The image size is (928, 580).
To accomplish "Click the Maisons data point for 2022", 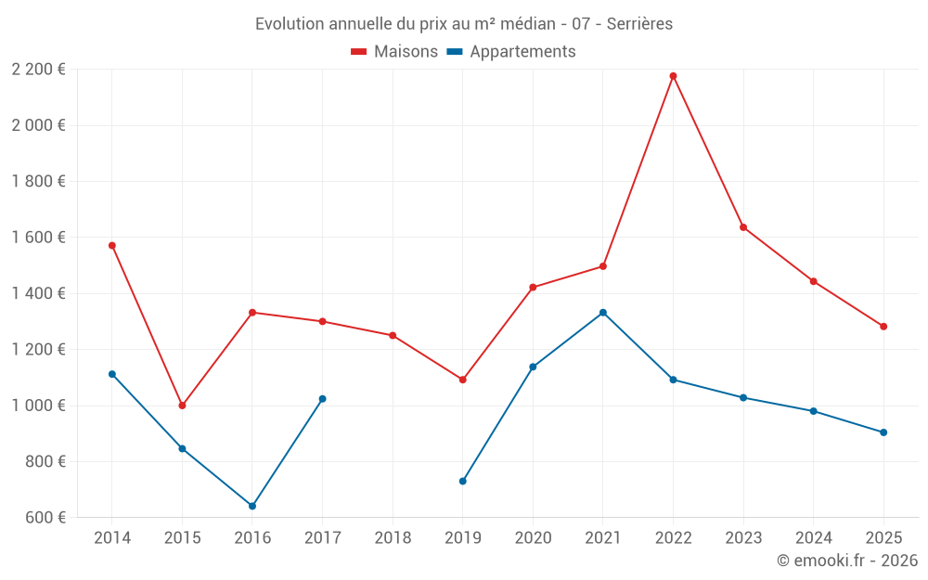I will pyautogui.click(x=673, y=76).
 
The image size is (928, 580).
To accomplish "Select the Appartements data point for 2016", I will pyautogui.click(x=252, y=506).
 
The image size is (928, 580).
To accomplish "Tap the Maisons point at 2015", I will pyautogui.click(x=182, y=406).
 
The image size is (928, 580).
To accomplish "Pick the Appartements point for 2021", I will pyautogui.click(x=603, y=313).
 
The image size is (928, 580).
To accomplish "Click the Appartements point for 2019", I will pyautogui.click(x=463, y=481).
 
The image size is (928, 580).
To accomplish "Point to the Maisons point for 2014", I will pyautogui.click(x=112, y=246).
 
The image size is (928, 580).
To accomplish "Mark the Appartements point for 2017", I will pyautogui.click(x=322, y=399).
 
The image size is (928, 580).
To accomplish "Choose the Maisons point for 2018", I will pyautogui.click(x=393, y=335).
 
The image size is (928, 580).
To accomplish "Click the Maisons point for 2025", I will pyautogui.click(x=883, y=327).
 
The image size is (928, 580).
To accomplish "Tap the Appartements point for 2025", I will pyautogui.click(x=883, y=432).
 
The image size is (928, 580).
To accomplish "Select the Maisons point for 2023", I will pyautogui.click(x=743, y=227).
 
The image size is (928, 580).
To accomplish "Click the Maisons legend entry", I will pyautogui.click(x=394, y=52).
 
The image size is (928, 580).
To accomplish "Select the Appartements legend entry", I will pyautogui.click(x=511, y=52).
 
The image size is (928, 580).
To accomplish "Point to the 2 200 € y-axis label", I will pyautogui.click(x=38, y=70).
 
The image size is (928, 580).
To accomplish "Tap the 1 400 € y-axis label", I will pyautogui.click(x=38, y=293).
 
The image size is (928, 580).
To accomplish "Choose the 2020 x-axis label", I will pyautogui.click(x=533, y=538).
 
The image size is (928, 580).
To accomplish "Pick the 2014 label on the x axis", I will pyautogui.click(x=112, y=538).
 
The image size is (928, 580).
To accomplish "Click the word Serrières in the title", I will pyautogui.click(x=639, y=23).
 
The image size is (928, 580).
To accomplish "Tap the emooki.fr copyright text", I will pyautogui.click(x=847, y=561).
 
